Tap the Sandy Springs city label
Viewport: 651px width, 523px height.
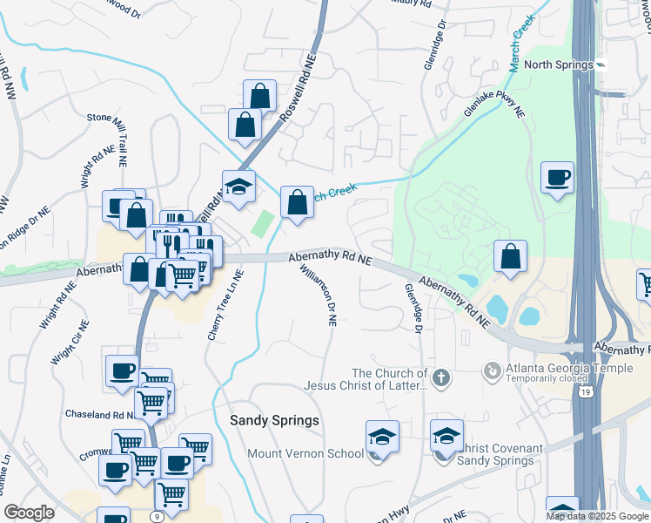[274, 420]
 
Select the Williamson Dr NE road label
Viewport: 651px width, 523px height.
[319, 295]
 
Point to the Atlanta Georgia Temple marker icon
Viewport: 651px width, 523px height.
[493, 370]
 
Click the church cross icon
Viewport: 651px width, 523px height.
[441, 377]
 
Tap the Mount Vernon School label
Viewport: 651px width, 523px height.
[305, 453]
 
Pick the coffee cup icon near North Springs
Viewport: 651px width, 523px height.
[557, 179]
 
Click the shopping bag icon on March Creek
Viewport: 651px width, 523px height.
[297, 203]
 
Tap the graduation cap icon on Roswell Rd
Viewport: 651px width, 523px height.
[238, 186]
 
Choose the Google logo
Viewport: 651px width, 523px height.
[29, 513]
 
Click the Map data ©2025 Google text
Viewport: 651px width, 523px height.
[597, 516]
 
